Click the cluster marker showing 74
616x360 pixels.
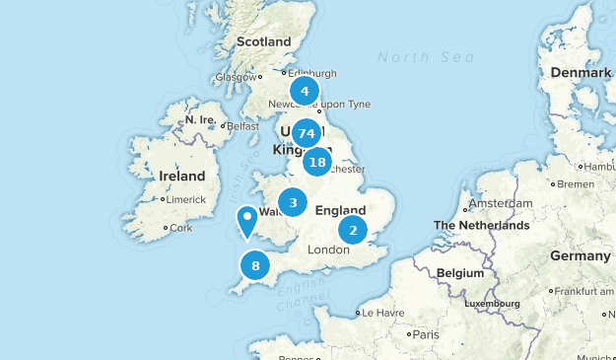[x=306, y=133]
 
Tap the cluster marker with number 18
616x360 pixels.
[x=316, y=162]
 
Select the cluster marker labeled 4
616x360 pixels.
[x=305, y=92]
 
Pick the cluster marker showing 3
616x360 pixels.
[x=293, y=202]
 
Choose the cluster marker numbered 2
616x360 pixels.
[x=352, y=231]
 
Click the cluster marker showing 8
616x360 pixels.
[x=255, y=264]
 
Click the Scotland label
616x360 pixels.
[x=264, y=42]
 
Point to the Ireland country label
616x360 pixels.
[x=182, y=177]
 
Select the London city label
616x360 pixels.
[x=329, y=250]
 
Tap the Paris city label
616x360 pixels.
[x=425, y=334]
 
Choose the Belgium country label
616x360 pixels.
[x=460, y=272]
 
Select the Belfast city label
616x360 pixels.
[x=241, y=126]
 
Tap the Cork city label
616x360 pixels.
[x=180, y=228]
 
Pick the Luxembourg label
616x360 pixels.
[x=493, y=304]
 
